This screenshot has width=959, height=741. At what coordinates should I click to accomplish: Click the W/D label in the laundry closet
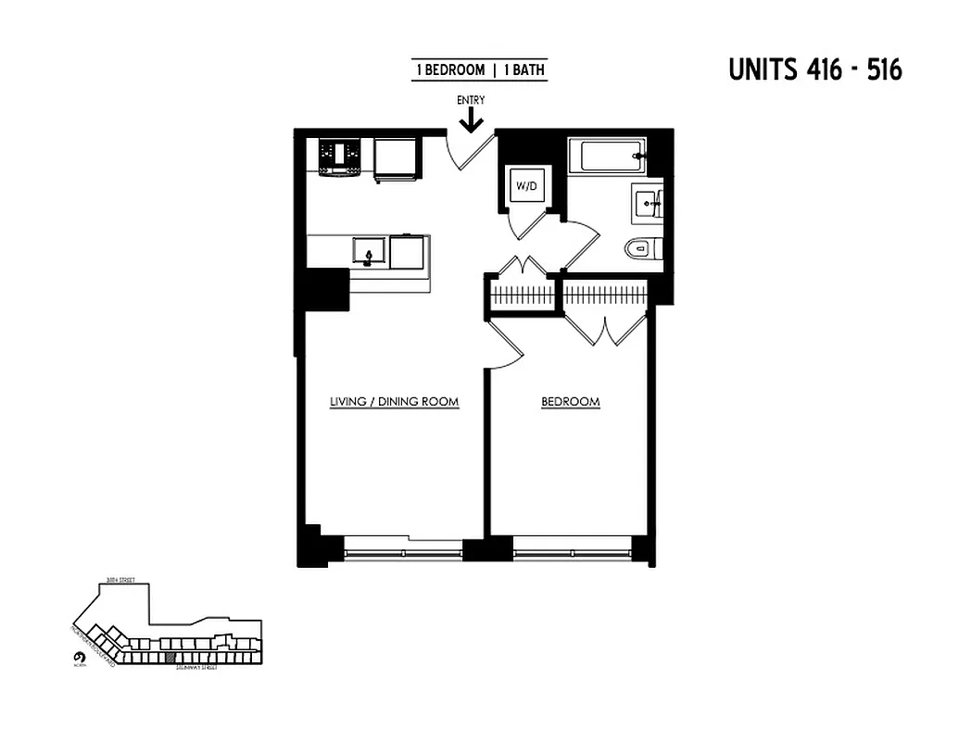(x=526, y=187)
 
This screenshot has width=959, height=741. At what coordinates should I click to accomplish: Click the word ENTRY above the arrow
(x=471, y=100)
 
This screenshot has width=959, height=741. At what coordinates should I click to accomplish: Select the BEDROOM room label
(x=571, y=402)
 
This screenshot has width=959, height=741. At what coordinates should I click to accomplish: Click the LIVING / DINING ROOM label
(x=395, y=402)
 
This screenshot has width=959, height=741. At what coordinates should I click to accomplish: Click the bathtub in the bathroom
(x=606, y=155)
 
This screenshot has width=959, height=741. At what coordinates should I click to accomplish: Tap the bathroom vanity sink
(x=647, y=203)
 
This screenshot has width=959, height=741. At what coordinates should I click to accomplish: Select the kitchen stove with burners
(x=338, y=157)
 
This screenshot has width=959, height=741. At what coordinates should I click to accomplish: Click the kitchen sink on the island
(x=370, y=250)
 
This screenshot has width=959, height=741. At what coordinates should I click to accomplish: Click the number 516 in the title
(x=884, y=70)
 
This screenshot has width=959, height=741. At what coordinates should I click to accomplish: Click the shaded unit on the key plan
(x=170, y=659)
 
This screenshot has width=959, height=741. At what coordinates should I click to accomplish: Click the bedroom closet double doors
(x=605, y=328)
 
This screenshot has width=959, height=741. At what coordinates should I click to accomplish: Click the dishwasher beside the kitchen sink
(x=409, y=250)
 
